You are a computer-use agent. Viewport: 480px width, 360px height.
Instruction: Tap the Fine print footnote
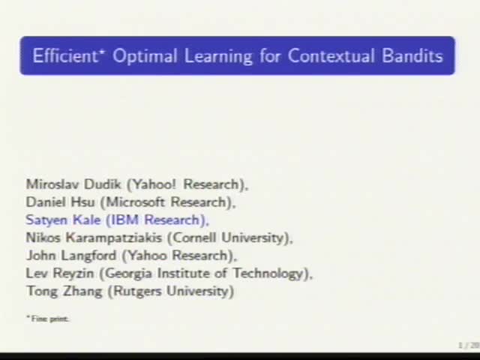(x=49, y=319)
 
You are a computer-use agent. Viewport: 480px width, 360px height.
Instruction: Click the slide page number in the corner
(x=468, y=345)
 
